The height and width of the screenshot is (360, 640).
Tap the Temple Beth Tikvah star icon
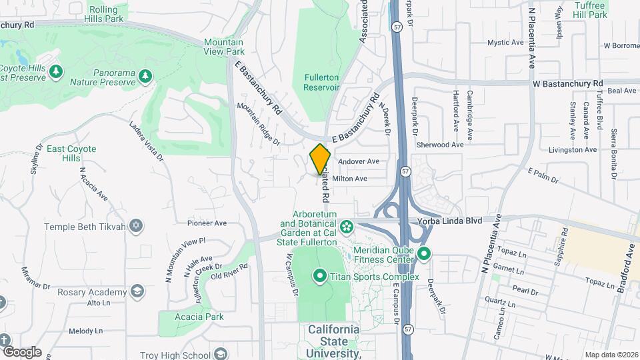pos(136,227)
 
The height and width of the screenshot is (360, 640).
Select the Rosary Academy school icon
pos(137,292)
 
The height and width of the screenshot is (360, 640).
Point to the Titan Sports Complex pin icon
pos(319,275)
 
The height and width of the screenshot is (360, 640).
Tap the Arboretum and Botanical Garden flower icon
pos(347,228)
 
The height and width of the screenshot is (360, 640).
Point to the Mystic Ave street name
pos(505,43)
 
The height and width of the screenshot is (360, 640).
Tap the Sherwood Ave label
pos(439,145)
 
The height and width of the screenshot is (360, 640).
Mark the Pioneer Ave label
pos(207,223)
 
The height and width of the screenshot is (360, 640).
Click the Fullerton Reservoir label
pos(321,83)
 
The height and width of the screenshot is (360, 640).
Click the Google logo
pos(21,352)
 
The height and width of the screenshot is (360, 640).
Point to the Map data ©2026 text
pos(611,355)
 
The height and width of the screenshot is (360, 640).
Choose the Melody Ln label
pos(86,331)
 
